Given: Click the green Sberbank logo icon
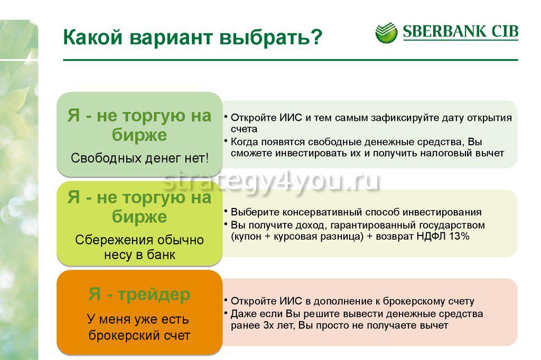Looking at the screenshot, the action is [x=386, y=33].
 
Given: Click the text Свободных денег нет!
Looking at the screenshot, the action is [x=139, y=158].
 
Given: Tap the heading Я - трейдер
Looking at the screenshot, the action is [x=139, y=294].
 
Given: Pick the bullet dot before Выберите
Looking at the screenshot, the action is [x=225, y=210].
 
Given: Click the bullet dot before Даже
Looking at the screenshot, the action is [x=225, y=312].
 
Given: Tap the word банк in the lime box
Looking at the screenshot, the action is [x=161, y=255].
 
